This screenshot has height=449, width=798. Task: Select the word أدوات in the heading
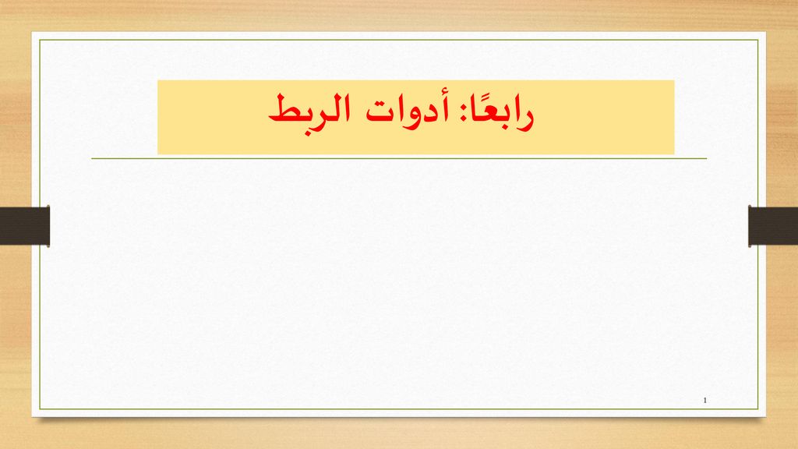coord(408,109)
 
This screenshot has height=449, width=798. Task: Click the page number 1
coord(704,401)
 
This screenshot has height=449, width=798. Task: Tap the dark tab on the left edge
coord(24,226)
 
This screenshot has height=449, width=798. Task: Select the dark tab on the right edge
coord(773,226)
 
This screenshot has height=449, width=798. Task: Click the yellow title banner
coord(416,117)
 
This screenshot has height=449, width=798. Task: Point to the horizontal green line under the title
coord(399,158)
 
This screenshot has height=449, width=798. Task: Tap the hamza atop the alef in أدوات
coord(446,97)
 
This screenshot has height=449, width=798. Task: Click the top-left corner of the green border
coord(40,40)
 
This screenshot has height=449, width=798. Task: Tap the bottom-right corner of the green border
coord(758,408)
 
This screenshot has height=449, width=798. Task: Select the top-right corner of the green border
coord(758,40)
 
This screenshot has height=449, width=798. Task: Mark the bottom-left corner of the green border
coord(40,408)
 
